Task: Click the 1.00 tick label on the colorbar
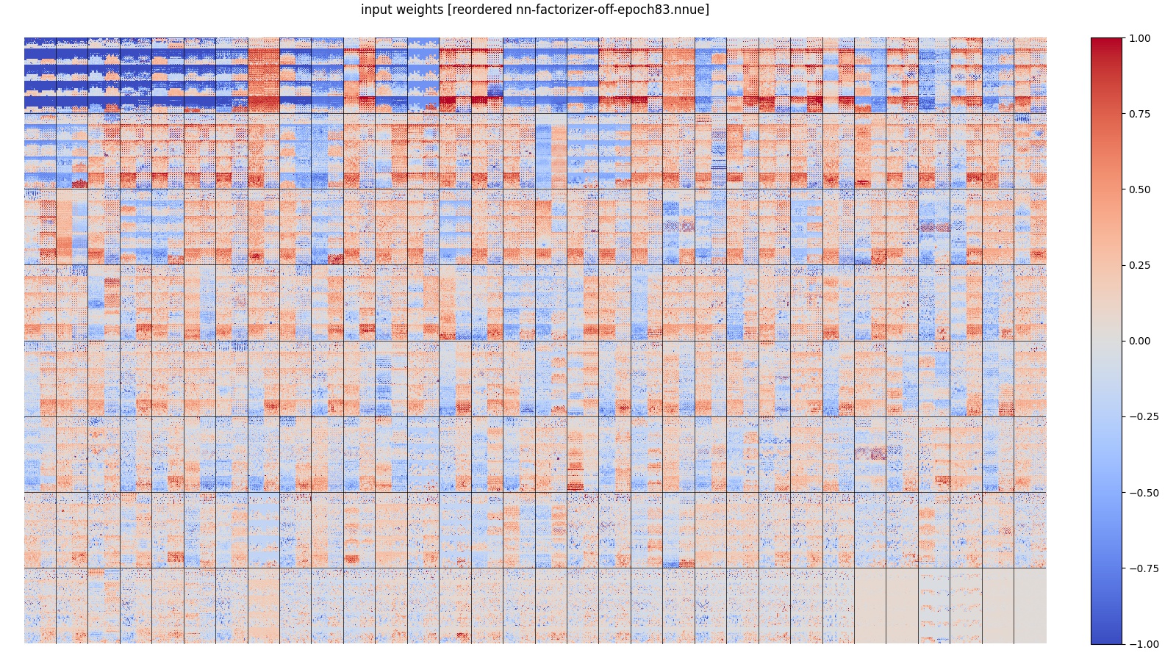1139,38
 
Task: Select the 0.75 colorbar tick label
1139,114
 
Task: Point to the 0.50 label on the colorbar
1139,189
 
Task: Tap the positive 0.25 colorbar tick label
1139,265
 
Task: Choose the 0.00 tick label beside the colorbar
1139,341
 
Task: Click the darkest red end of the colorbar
1106,40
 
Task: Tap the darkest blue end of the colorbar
1106,641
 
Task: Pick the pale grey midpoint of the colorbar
1106,341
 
